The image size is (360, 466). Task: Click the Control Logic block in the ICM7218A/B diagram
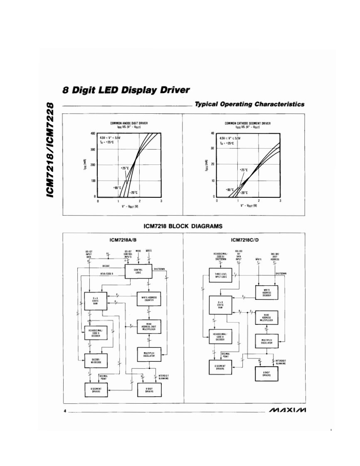click(x=138, y=271)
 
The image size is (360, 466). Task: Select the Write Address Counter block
click(x=149, y=298)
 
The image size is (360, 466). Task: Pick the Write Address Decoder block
click(x=267, y=292)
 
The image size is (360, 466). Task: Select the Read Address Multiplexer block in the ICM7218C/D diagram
click(x=267, y=318)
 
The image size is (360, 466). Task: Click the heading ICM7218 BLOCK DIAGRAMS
click(x=183, y=226)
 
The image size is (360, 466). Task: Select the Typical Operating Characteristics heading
click(x=250, y=104)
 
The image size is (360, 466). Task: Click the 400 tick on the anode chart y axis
click(x=93, y=133)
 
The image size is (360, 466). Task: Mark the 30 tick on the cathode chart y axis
click(x=212, y=148)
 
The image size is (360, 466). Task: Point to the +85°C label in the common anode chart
click(x=117, y=188)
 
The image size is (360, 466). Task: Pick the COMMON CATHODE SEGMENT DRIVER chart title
click(x=248, y=123)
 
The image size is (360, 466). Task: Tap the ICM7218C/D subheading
click(x=245, y=240)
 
